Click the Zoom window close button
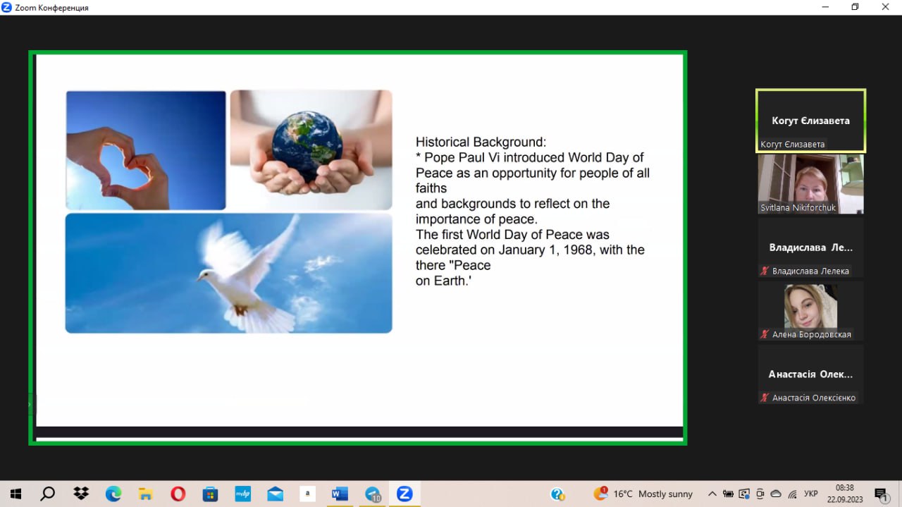pyautogui.click(x=885, y=7)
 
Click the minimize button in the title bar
pyautogui.click(x=825, y=7)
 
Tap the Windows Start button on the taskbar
pyautogui.click(x=16, y=494)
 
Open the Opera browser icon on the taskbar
pyautogui.click(x=178, y=494)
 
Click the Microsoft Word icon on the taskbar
pyautogui.click(x=340, y=494)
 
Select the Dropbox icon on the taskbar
pyautogui.click(x=81, y=494)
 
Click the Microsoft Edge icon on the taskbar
pyautogui.click(x=113, y=494)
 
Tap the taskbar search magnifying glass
pyautogui.click(x=47, y=494)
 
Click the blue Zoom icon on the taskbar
pyautogui.click(x=404, y=494)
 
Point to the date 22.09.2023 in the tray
pyautogui.click(x=845, y=499)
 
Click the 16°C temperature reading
pyautogui.click(x=622, y=494)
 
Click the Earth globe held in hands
pyautogui.click(x=307, y=146)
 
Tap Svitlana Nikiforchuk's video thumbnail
pyautogui.click(x=810, y=184)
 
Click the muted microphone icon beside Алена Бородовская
pyautogui.click(x=765, y=334)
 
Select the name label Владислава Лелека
pyautogui.click(x=810, y=271)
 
